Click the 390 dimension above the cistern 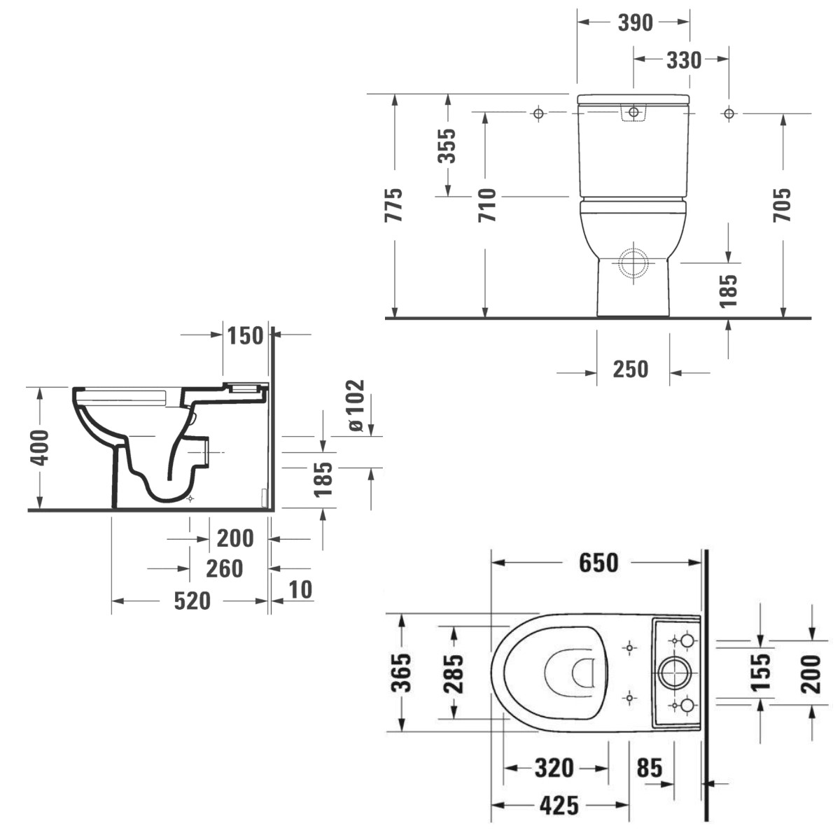tap(635, 22)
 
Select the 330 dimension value tap(684, 61)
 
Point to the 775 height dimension tap(393, 205)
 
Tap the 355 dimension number tap(447, 146)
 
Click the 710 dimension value tap(487, 205)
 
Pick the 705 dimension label tap(782, 205)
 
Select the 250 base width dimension tap(631, 370)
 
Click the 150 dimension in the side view tap(246, 336)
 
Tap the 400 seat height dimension tap(41, 448)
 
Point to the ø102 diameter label tap(356, 405)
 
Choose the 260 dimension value tap(225, 569)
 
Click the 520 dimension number tap(192, 601)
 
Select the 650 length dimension tap(598, 563)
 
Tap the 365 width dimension tap(401, 673)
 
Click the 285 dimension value tap(454, 673)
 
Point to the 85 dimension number tap(650, 768)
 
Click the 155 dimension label tap(760, 672)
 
